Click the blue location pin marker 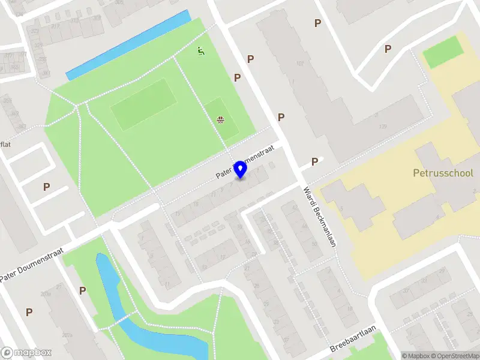click(241, 169)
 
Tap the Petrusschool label click(443, 173)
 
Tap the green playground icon click(201, 52)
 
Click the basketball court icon click(221, 119)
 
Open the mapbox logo click(26, 353)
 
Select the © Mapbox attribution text click(415, 356)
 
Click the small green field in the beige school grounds click(443, 52)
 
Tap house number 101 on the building click(299, 64)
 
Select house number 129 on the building click(382, 127)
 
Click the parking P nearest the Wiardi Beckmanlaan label click(314, 162)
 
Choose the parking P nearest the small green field click(388, 49)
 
